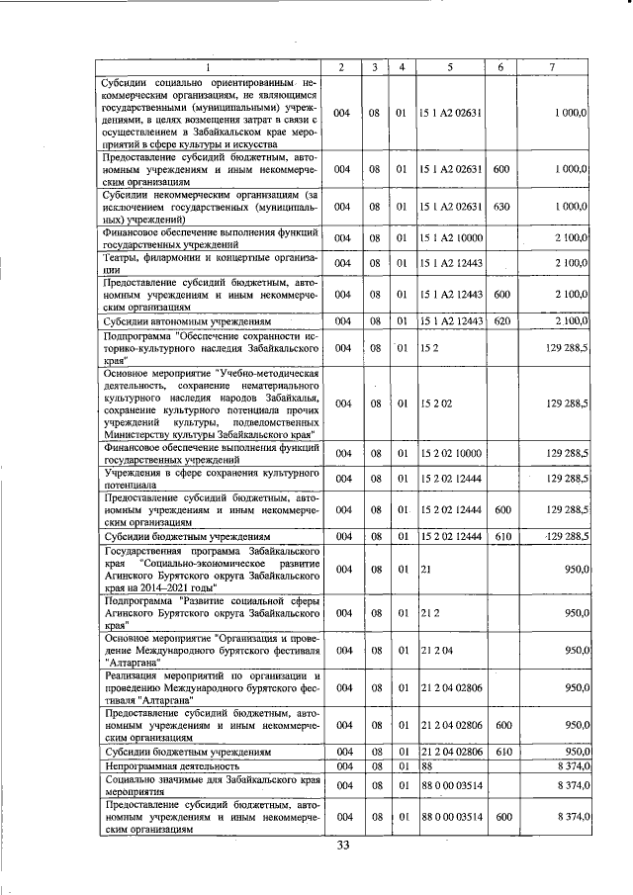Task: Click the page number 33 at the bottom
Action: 343,845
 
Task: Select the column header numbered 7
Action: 552,66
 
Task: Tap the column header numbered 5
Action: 450,66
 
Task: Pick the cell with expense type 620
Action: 500,321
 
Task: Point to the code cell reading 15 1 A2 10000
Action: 450,237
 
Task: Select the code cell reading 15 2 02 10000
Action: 450,452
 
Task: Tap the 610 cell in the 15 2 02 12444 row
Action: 500,535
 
